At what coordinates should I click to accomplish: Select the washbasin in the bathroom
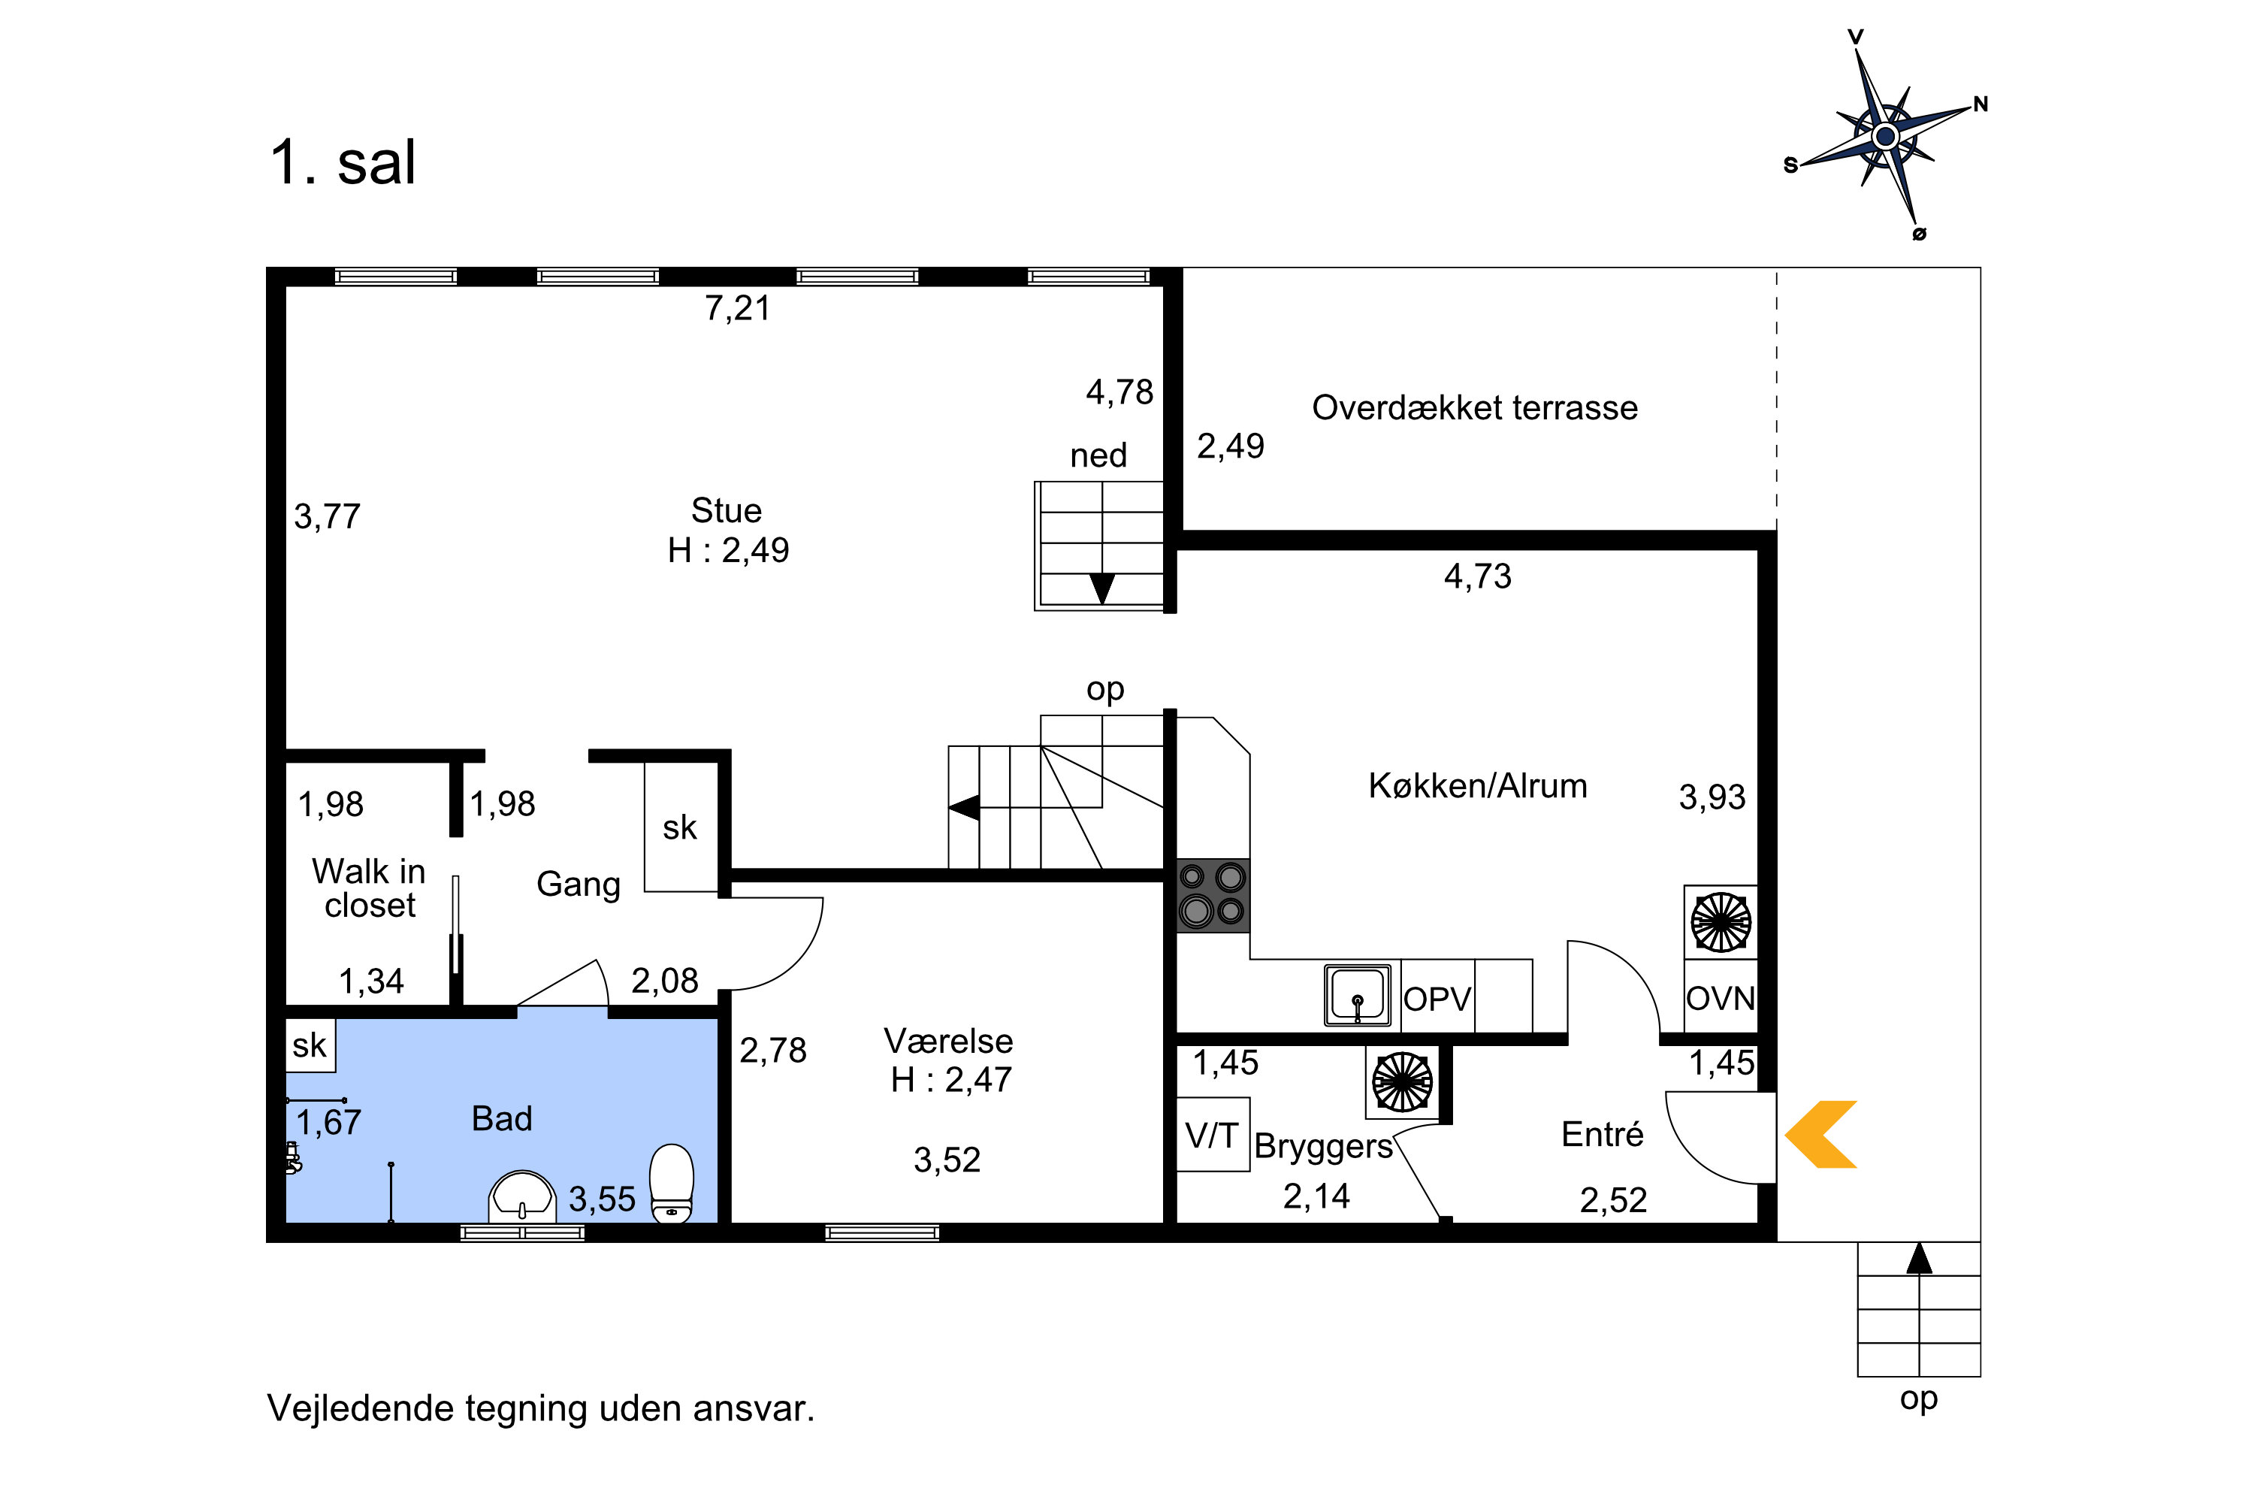tap(521, 1197)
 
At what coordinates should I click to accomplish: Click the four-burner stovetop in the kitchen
tap(1213, 895)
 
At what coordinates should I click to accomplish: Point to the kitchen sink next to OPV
tap(1357, 995)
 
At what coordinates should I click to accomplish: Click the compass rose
tap(1885, 136)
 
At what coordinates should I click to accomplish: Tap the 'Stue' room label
tap(727, 511)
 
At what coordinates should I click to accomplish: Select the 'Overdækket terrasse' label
tap(1475, 408)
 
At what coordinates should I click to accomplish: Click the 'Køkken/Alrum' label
tap(1478, 786)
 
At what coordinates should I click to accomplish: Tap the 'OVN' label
tap(1721, 999)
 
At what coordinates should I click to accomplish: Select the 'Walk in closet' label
tap(369, 888)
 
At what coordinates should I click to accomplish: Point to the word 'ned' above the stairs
tap(1098, 455)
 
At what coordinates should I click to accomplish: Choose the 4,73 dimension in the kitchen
tap(1478, 576)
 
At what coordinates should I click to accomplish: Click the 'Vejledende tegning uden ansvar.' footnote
tap(540, 1409)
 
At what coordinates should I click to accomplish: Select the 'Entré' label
tap(1603, 1135)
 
